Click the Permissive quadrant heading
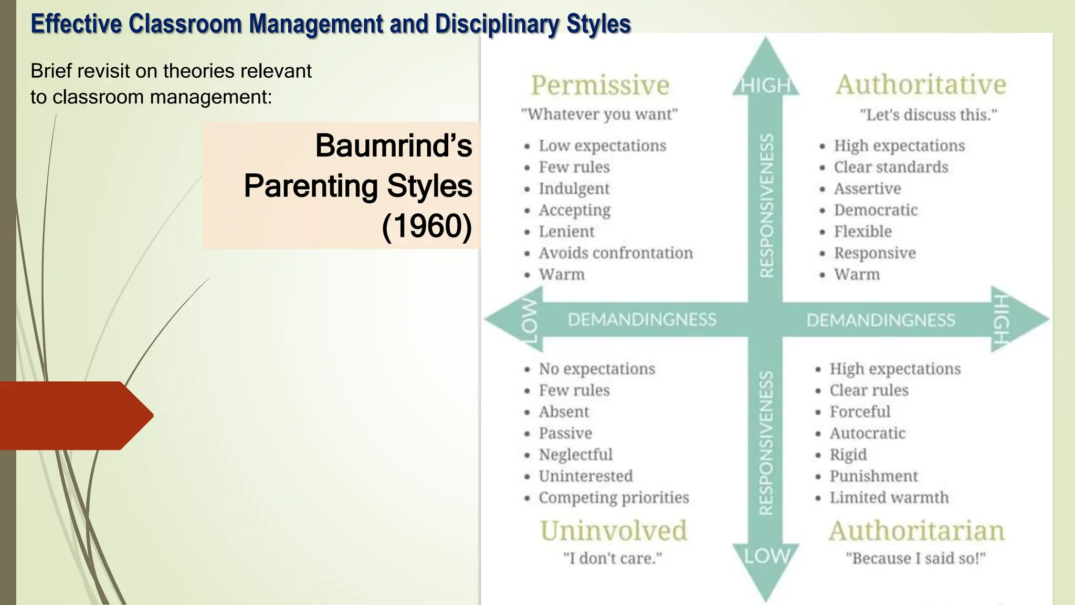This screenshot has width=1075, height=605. (600, 85)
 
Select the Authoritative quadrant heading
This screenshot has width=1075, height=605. (921, 85)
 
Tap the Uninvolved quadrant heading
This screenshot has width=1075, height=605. (613, 530)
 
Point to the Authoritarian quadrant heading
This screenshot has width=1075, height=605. (916, 530)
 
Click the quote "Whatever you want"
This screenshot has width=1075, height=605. (599, 114)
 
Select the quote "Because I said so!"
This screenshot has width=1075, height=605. (916, 558)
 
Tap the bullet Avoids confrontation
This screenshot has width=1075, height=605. (616, 253)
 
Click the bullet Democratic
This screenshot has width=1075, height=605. (876, 210)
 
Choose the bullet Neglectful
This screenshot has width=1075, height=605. (575, 455)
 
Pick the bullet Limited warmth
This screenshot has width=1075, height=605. (889, 497)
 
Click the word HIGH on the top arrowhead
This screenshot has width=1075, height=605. (766, 85)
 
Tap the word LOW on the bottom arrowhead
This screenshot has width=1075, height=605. (767, 556)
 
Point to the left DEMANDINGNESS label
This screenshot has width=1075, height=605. (642, 320)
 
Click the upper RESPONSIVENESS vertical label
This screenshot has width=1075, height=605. (767, 205)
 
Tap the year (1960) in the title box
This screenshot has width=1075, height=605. (427, 226)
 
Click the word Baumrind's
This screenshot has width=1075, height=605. (394, 145)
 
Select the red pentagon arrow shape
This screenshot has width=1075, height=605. (73, 415)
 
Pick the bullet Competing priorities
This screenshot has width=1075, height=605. (614, 497)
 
